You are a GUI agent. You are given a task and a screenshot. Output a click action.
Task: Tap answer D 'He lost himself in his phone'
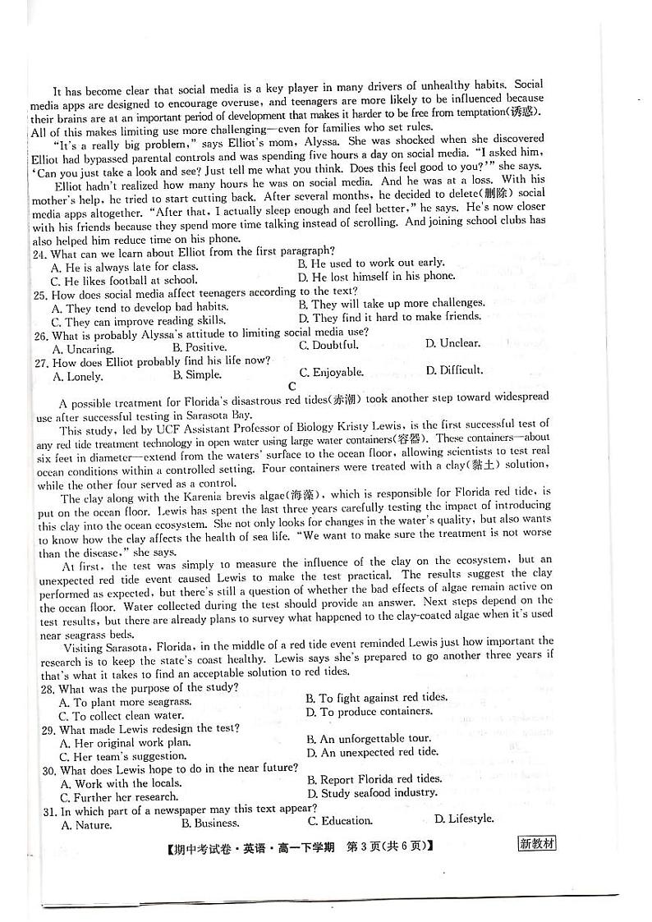click(x=376, y=277)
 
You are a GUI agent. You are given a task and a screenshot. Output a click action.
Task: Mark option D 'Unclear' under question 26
click(x=452, y=344)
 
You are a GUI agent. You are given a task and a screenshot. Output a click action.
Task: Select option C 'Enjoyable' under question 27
click(x=331, y=373)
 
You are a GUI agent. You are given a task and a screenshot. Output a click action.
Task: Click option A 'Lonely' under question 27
click(x=77, y=377)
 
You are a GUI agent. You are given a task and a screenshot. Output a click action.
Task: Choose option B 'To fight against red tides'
click(x=376, y=698)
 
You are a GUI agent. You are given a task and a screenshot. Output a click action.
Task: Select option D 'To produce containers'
click(x=370, y=712)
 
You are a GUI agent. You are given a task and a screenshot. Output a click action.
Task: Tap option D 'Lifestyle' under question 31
click(x=464, y=819)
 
